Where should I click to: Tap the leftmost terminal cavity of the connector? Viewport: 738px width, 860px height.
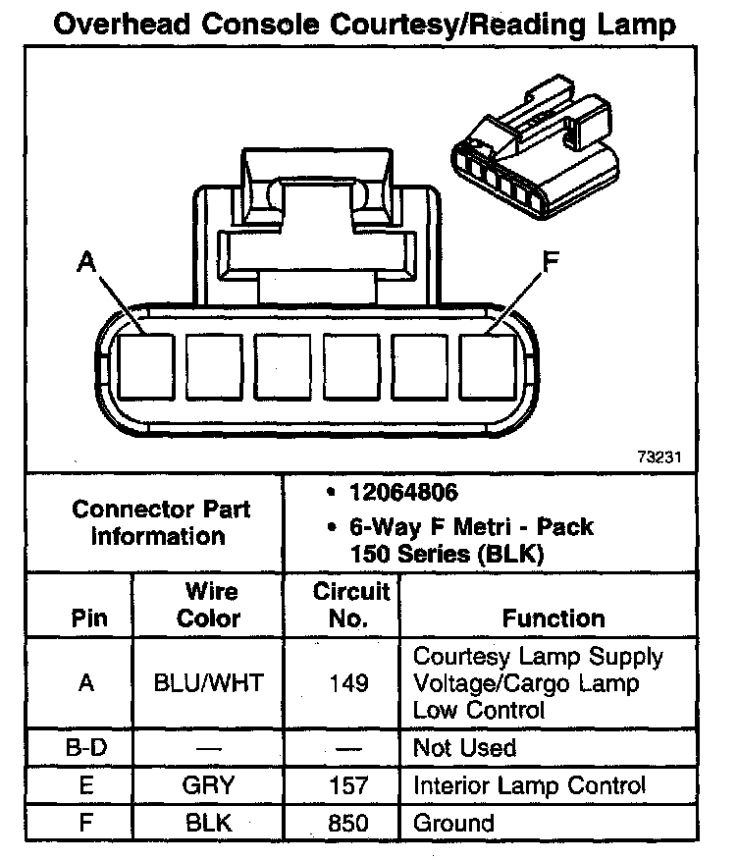(145, 365)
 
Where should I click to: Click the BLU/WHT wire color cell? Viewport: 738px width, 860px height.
(208, 683)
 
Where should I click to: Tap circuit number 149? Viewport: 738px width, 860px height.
(349, 683)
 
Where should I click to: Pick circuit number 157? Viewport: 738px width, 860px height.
(349, 785)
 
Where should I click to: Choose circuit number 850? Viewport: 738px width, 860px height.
(349, 823)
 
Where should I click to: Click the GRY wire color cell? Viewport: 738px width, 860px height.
(208, 785)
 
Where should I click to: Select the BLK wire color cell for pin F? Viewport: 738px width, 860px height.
(208, 823)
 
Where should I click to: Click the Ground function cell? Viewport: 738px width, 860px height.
(453, 823)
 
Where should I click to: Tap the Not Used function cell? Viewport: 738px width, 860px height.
(464, 748)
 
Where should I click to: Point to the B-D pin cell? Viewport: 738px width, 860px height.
(86, 748)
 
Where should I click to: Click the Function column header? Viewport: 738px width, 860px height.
(553, 618)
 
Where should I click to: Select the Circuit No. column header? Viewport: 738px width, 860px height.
(350, 605)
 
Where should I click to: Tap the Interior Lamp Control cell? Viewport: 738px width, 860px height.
(530, 785)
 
